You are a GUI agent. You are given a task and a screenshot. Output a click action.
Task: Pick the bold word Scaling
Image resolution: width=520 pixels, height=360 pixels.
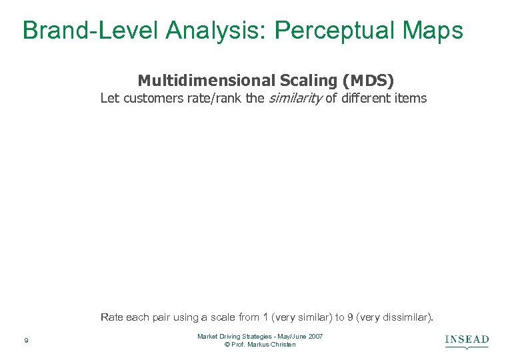click(x=306, y=81)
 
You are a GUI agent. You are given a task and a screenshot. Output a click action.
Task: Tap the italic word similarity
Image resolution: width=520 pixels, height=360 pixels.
click(x=295, y=99)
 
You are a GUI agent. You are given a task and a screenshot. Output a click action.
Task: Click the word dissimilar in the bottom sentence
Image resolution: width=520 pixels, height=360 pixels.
click(x=406, y=317)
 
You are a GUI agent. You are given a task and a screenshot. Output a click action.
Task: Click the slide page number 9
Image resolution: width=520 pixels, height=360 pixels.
click(x=25, y=341)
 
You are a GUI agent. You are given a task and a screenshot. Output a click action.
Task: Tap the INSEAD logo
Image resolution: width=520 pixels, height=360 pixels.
click(x=467, y=341)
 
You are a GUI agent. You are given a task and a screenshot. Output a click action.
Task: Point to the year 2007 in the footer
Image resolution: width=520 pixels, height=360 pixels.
click(x=315, y=337)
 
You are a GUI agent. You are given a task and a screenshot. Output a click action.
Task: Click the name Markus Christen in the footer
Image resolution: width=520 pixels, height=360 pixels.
click(x=274, y=345)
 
